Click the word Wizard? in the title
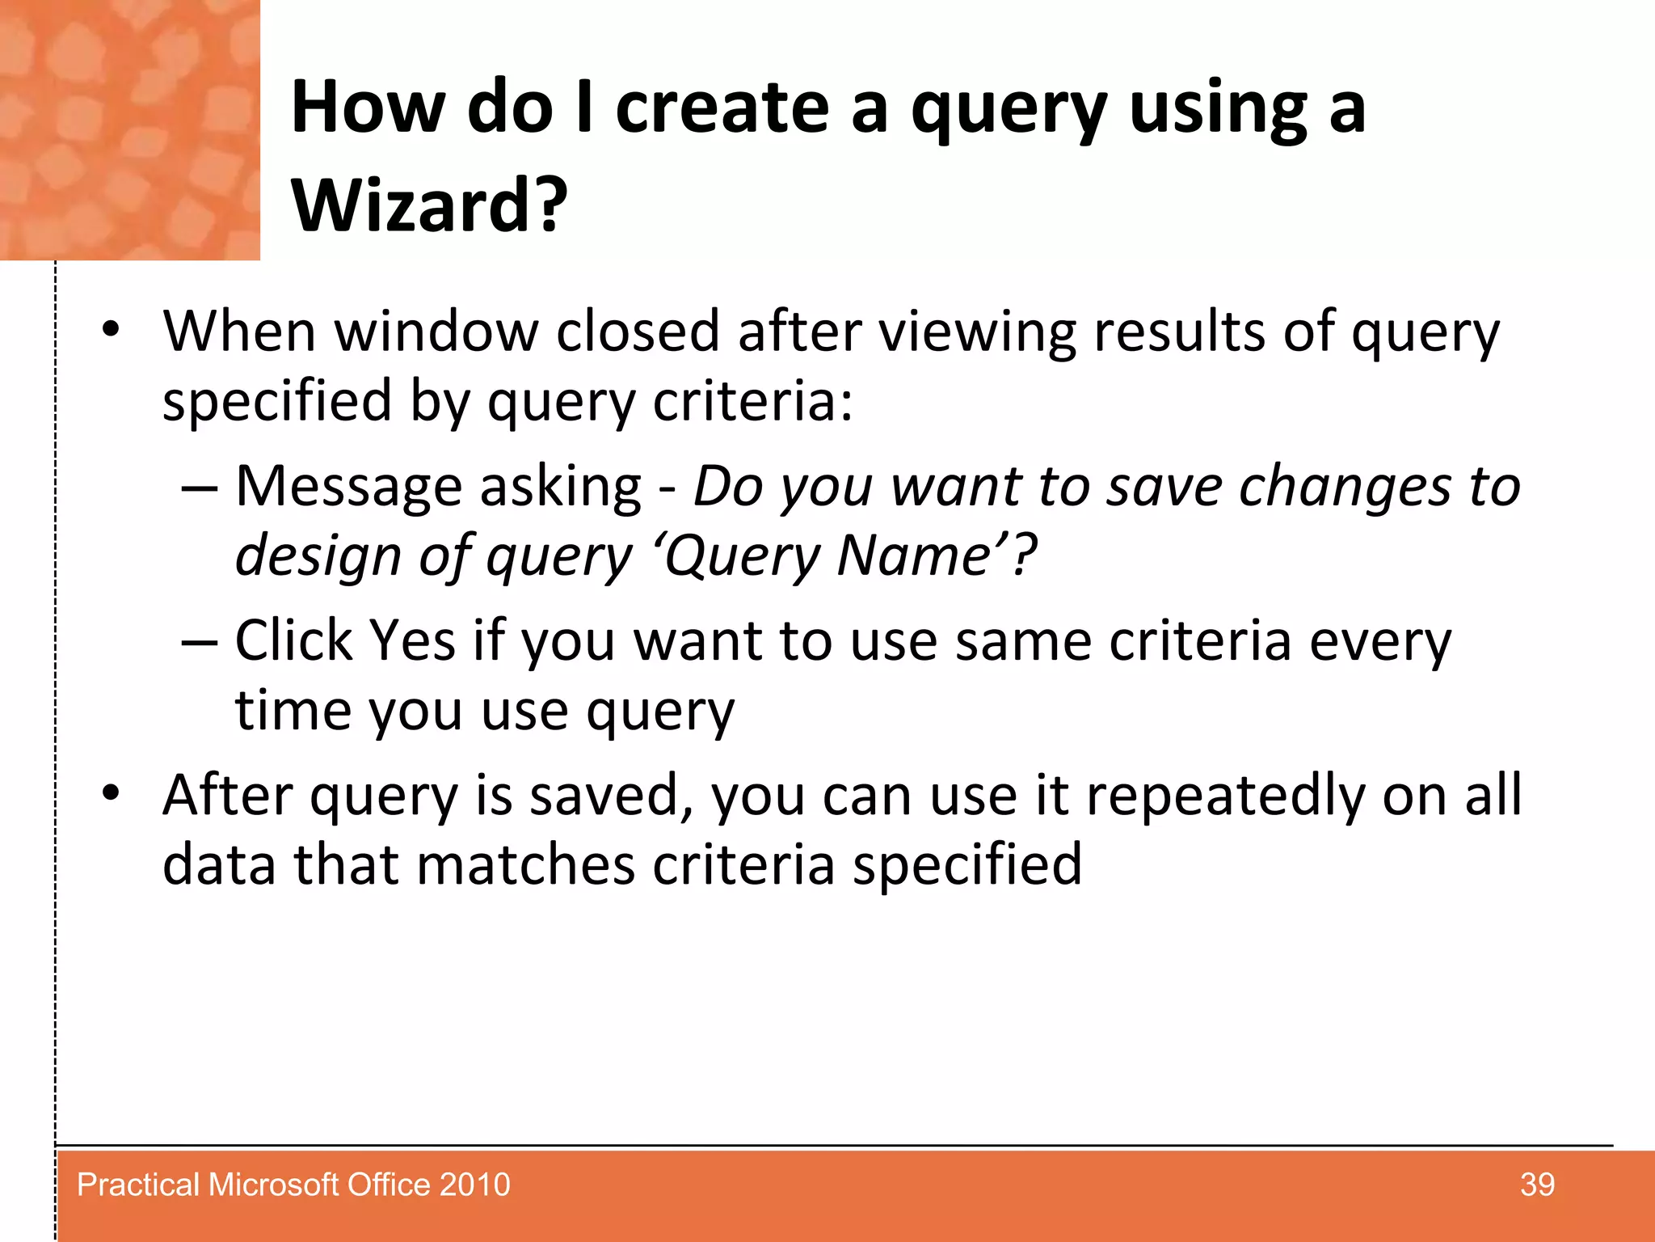[430, 206]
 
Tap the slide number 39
[1536, 1185]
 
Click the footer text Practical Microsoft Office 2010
[293, 1185]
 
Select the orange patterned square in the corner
[129, 129]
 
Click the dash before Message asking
[200, 488]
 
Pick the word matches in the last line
[525, 865]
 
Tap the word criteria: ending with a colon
[752, 401]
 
